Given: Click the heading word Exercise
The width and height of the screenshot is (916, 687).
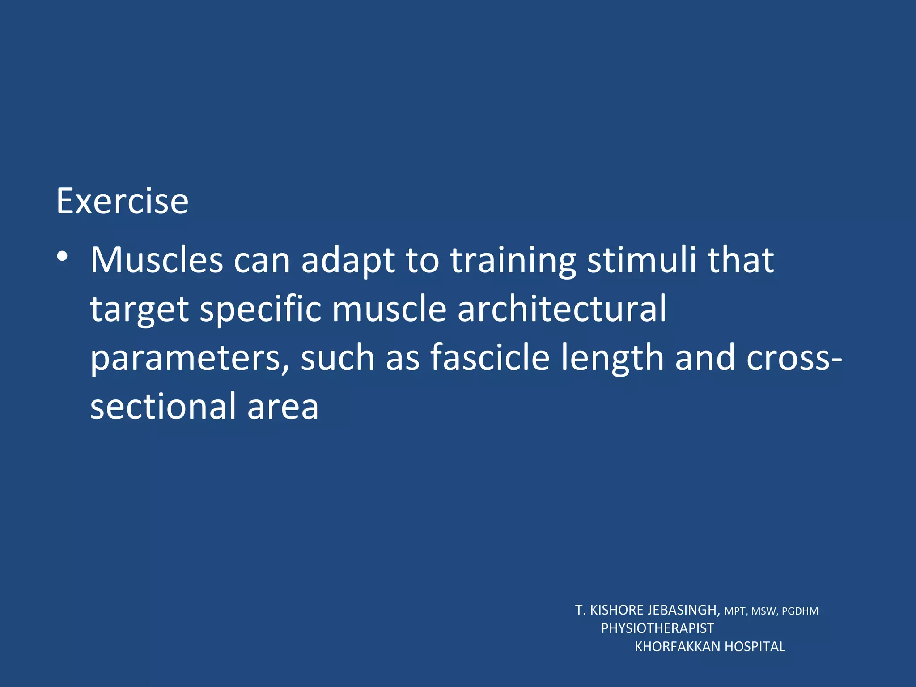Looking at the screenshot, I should tap(122, 202).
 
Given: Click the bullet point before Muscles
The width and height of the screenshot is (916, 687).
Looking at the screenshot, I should tap(63, 257).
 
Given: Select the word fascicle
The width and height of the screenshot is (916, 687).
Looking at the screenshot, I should tap(490, 357).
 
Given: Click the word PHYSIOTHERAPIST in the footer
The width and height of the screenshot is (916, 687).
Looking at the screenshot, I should tap(657, 628).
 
